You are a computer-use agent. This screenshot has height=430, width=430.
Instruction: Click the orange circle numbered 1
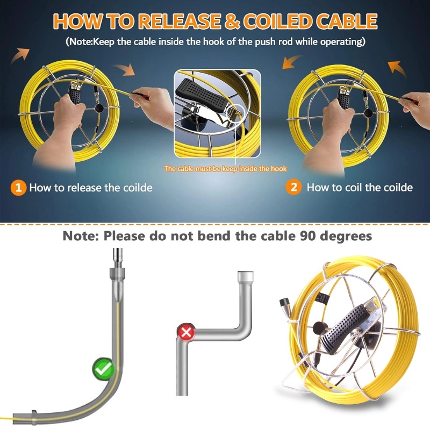pos(18,188)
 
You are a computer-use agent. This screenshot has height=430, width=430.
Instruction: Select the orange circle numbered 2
pos(293,187)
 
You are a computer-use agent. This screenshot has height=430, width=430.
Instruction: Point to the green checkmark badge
pos(103,369)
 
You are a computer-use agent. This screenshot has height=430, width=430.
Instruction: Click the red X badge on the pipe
pos(186,332)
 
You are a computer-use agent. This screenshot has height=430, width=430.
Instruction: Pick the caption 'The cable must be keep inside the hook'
pos(225,168)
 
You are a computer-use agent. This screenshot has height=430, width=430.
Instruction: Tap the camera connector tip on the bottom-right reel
pos(283,303)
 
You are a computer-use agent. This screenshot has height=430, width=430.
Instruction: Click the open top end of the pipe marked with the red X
pos(246,276)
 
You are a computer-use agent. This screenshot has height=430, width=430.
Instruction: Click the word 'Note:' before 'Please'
pos(81,236)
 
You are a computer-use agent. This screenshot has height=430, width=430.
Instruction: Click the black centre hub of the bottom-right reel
pos(320,328)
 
